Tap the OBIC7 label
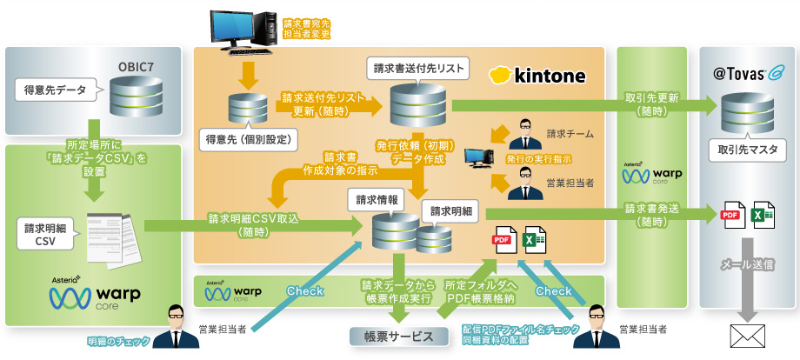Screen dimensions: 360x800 [x=142, y=66]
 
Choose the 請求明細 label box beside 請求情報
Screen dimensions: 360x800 [x=449, y=211]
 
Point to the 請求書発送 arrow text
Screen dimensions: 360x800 [x=651, y=215]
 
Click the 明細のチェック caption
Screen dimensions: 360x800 [x=118, y=341]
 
